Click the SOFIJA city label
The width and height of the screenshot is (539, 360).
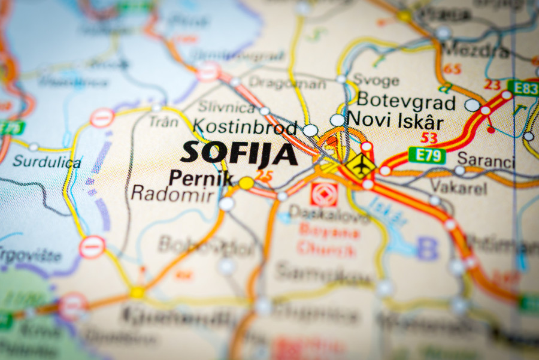click(x=239, y=153)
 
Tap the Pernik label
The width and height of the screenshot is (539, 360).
click(x=192, y=177)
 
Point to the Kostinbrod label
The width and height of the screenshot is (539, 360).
click(x=246, y=128)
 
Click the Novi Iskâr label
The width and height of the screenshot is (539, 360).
click(x=395, y=121)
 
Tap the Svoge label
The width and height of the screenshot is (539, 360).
click(x=376, y=80)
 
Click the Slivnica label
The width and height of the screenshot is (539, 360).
click(x=226, y=108)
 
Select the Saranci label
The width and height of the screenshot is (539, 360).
click(x=486, y=160)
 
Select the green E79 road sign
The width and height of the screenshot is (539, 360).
click(x=427, y=156)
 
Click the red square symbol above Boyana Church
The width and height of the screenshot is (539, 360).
click(x=324, y=195)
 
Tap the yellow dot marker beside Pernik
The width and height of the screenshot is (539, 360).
click(x=246, y=183)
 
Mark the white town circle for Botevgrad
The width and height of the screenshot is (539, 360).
click(x=472, y=105)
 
